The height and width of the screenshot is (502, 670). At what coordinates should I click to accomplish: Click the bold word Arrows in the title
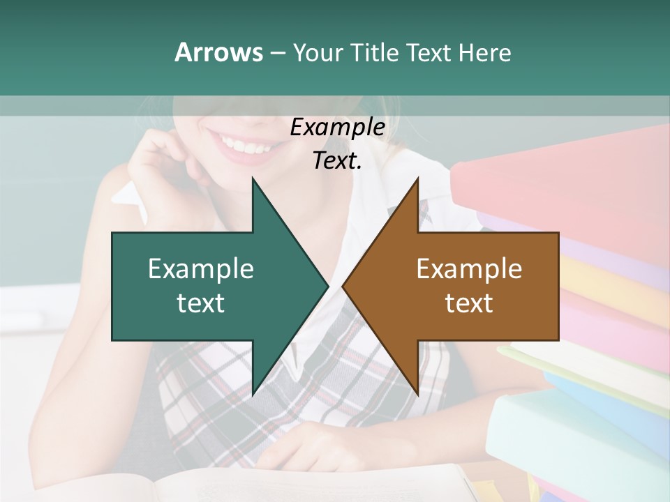pos(218,52)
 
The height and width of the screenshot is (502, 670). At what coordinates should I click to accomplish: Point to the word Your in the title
pos(319,52)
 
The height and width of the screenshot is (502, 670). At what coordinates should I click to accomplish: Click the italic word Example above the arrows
pos(337,128)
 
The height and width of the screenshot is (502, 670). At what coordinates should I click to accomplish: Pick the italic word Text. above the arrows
pos(337,161)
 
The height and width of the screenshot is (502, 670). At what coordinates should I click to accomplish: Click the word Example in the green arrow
pos(200,269)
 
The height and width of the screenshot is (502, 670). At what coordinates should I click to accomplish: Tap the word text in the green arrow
pos(200,303)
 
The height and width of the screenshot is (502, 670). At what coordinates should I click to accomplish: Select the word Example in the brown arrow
pos(469,269)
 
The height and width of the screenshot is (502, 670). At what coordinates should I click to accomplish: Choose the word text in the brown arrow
pos(469,303)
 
